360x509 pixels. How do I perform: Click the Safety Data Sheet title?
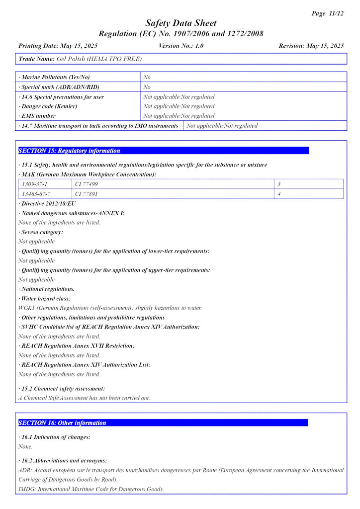click(x=180, y=23)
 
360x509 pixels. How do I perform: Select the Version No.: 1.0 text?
click(x=181, y=46)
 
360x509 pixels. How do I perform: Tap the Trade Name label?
click(x=36, y=59)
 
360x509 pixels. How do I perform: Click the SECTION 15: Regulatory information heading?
click(x=69, y=151)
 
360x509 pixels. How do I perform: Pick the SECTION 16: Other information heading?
click(x=62, y=423)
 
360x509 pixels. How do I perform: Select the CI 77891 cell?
click(x=87, y=194)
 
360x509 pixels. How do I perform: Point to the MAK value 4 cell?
click(x=279, y=194)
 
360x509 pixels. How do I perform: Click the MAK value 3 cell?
click(x=279, y=184)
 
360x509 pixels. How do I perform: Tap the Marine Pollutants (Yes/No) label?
click(x=56, y=78)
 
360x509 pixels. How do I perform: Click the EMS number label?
click(x=38, y=116)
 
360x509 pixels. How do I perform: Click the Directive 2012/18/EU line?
click(x=48, y=203)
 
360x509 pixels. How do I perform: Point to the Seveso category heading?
click(x=41, y=232)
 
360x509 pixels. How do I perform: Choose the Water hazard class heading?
click(x=45, y=299)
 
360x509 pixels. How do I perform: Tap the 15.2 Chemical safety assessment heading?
click(x=62, y=389)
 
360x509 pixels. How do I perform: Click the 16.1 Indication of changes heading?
click(x=55, y=437)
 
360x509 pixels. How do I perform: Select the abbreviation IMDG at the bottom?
click(x=26, y=489)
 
